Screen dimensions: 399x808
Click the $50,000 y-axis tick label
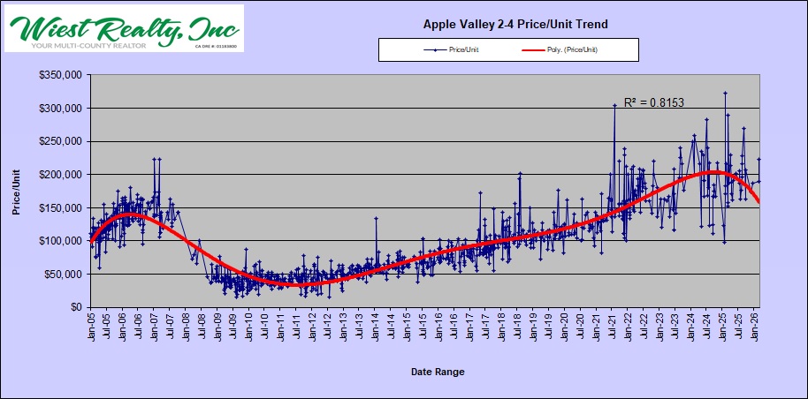coord(65,275)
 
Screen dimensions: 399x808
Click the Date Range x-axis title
coord(438,372)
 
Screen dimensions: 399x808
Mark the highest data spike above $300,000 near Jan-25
coord(725,93)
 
